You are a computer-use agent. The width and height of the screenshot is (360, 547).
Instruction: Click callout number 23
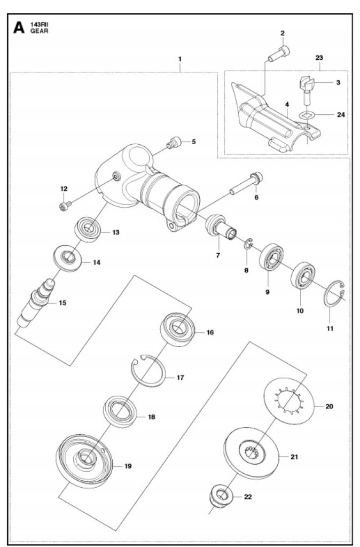[x=319, y=57]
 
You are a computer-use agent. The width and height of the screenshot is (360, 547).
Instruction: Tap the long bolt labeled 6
[x=246, y=185]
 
